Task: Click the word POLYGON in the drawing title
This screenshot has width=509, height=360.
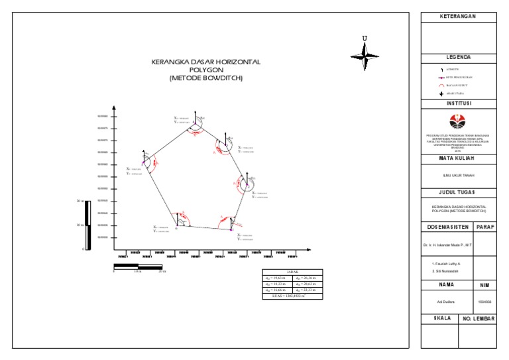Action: pyautogui.click(x=206, y=70)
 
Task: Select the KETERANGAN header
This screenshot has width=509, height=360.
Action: pyautogui.click(x=458, y=16)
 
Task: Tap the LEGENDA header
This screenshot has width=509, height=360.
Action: pyautogui.click(x=458, y=58)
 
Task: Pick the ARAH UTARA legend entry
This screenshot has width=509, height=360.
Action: pyautogui.click(x=456, y=93)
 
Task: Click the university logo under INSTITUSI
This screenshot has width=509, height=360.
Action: pyautogui.click(x=458, y=120)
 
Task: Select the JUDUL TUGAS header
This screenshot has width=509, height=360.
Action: pyautogui.click(x=458, y=193)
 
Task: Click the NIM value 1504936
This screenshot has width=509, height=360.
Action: pyautogui.click(x=484, y=302)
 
